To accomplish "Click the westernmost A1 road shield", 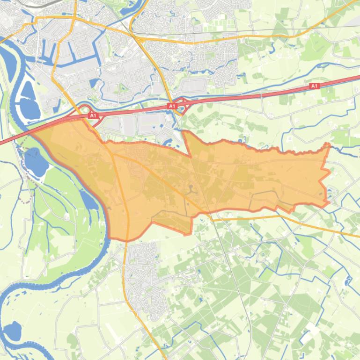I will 92,115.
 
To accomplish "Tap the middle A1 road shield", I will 172,107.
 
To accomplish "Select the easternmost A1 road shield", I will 314,86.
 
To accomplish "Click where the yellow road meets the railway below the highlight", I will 211,218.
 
